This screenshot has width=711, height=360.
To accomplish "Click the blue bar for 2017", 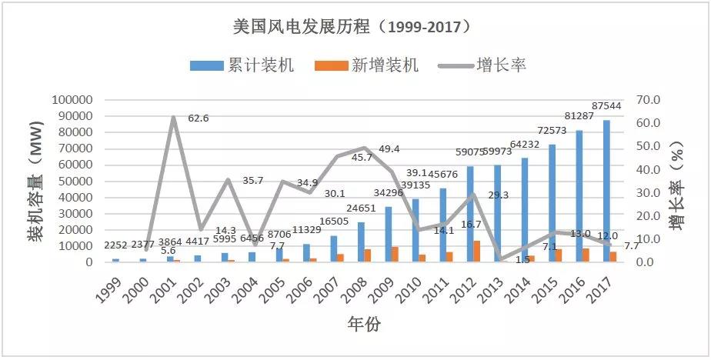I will tap(606, 191).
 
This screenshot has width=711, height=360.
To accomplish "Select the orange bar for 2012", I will tap(477, 252).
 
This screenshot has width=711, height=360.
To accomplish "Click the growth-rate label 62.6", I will tap(199, 118).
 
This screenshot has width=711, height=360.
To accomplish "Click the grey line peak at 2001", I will tap(173, 117).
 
